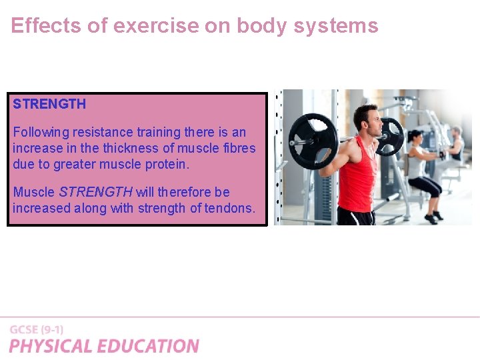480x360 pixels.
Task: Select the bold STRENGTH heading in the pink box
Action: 49,104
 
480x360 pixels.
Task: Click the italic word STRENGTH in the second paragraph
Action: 95,192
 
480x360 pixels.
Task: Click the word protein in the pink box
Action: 166,164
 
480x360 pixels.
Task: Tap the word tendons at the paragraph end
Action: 230,208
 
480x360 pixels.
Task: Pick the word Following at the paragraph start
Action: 39,132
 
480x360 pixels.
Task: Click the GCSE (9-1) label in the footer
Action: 37,329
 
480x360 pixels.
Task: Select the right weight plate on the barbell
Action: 391,136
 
